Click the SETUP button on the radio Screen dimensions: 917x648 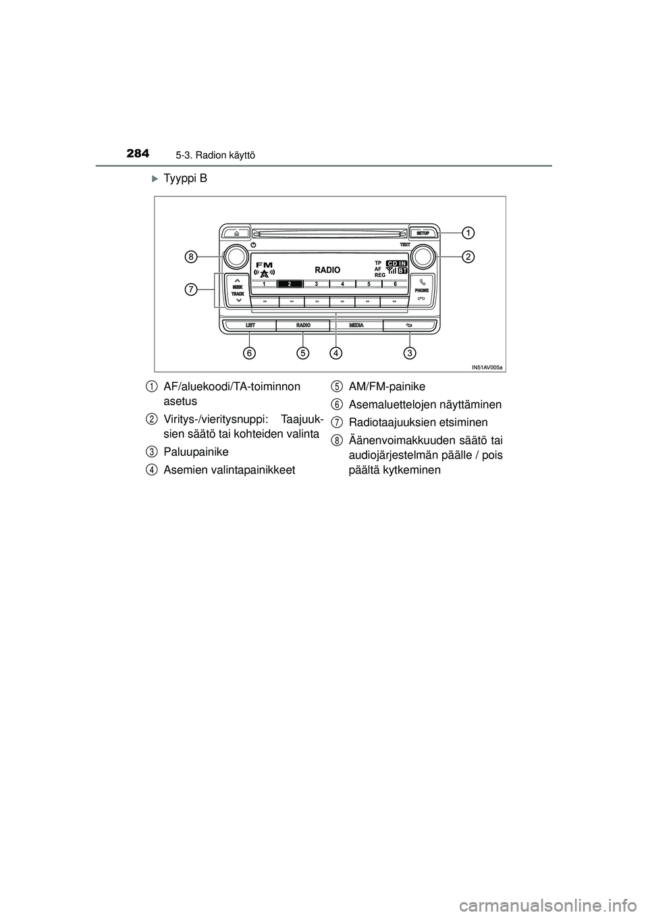[x=423, y=232]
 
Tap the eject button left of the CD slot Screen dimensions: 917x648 [x=236, y=232]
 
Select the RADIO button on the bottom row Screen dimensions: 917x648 [x=303, y=325]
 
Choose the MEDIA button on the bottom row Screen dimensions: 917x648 [x=356, y=325]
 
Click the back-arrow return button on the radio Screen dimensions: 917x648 [x=409, y=325]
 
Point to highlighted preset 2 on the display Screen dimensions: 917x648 [x=289, y=284]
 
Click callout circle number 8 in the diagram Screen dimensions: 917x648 [x=192, y=257]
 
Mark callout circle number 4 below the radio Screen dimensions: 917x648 [x=336, y=352]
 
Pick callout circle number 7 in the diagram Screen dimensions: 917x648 [x=192, y=290]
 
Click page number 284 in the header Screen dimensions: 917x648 [x=139, y=154]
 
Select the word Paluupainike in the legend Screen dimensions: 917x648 [x=196, y=451]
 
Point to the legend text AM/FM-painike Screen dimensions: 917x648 [x=387, y=386]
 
